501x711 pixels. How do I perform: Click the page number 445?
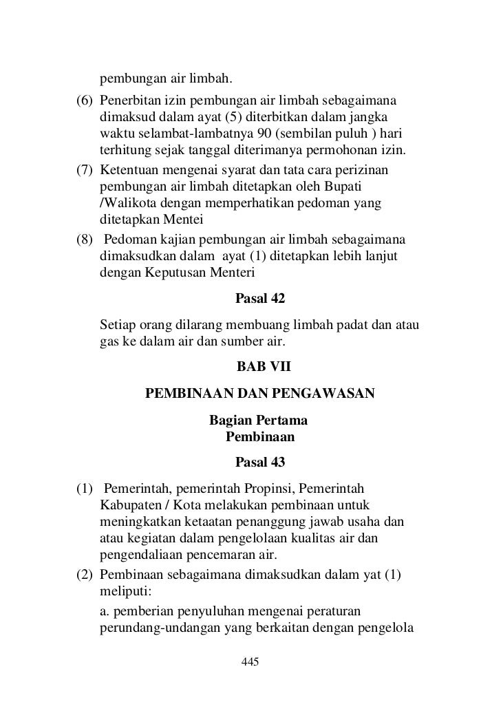pyautogui.click(x=250, y=661)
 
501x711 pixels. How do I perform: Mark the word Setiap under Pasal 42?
pyautogui.click(x=118, y=324)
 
